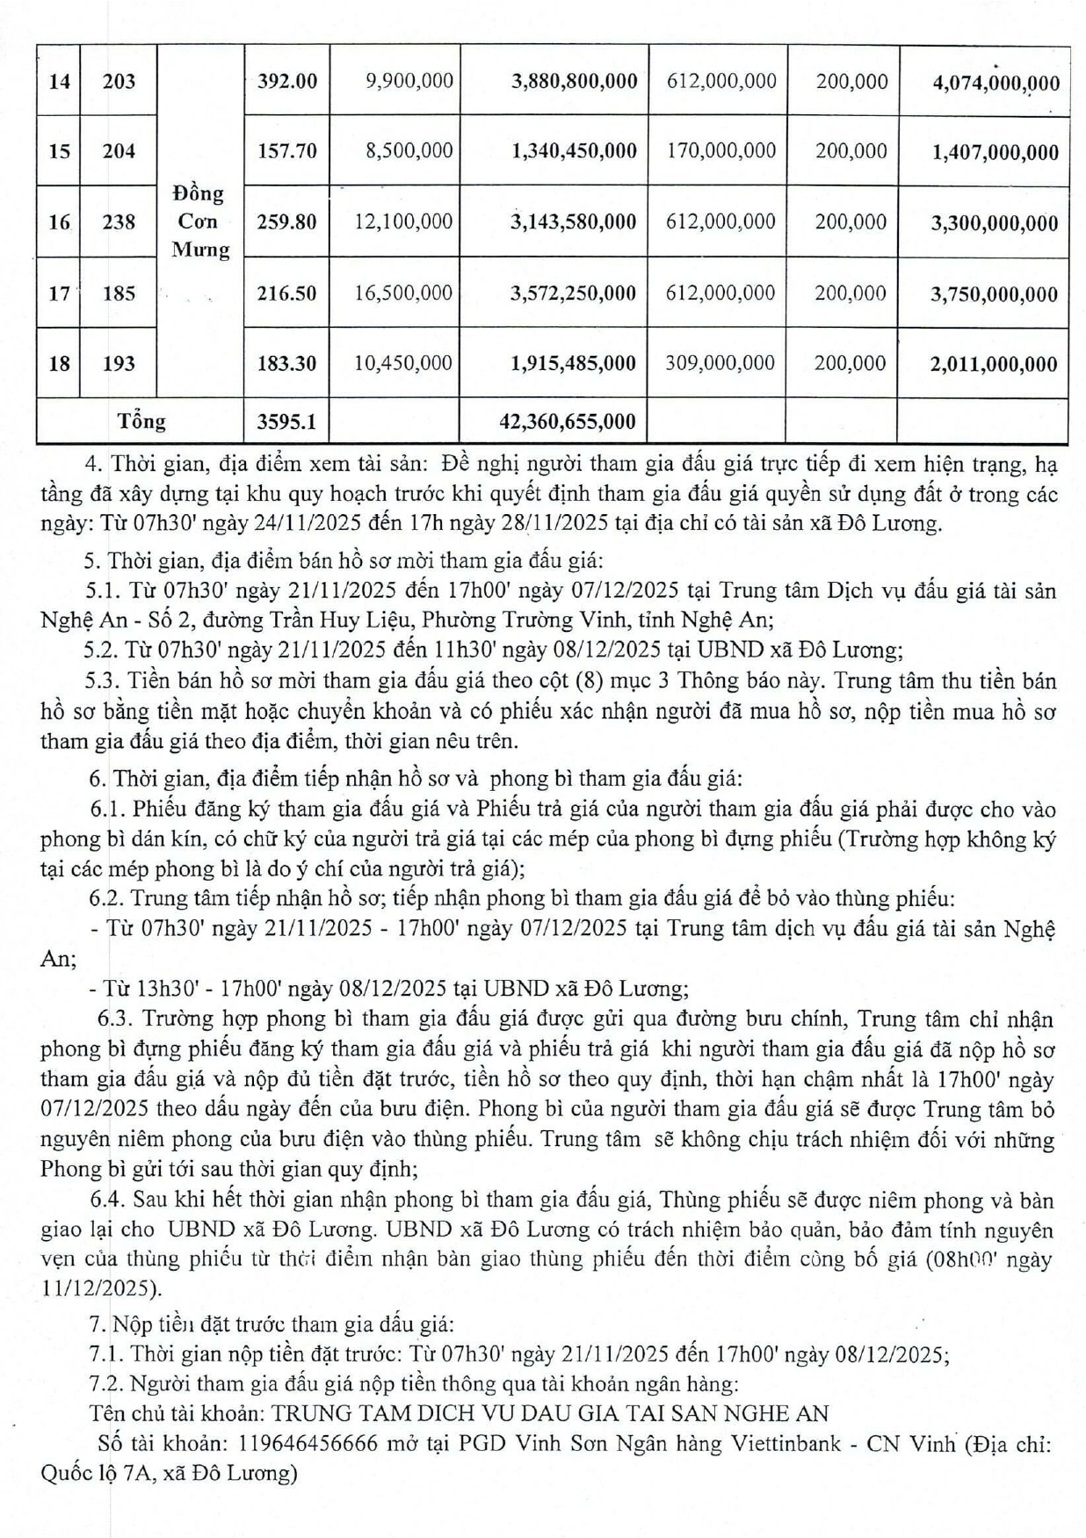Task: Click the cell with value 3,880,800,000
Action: (574, 82)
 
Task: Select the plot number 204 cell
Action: (119, 151)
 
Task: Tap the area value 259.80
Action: (286, 221)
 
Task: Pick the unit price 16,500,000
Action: (403, 293)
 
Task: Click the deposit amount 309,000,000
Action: (720, 363)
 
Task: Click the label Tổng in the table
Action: (141, 421)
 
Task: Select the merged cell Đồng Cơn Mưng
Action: (199, 221)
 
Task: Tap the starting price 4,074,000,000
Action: (996, 83)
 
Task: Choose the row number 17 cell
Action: (59, 293)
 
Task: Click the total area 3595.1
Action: (286, 422)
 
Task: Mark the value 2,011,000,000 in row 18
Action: (994, 365)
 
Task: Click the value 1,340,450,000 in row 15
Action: (574, 151)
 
